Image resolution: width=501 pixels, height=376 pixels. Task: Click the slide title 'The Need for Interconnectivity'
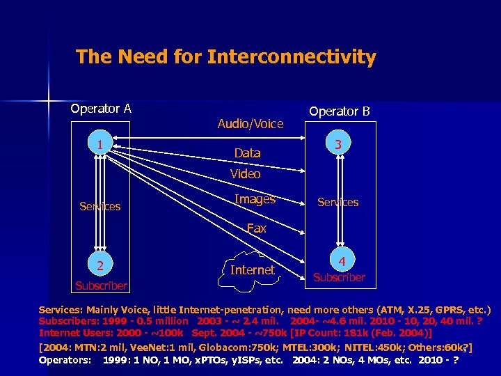225,57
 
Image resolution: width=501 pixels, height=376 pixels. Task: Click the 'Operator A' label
101,109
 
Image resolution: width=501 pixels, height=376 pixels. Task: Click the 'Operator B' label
340,111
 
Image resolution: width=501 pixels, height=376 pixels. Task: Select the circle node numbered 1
101,146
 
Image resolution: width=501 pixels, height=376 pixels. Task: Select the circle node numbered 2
101,265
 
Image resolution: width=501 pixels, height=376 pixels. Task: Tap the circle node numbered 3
337,146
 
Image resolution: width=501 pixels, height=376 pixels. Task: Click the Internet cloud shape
252,269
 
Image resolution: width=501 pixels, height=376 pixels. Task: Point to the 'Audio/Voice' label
250,124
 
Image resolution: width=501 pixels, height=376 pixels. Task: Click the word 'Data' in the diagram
247,153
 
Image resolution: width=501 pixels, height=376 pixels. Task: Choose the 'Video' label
245,174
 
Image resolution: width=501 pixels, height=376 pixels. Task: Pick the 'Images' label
255,200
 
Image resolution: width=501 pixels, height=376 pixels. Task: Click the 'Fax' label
256,228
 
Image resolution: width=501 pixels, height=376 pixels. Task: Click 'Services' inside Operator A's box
100,207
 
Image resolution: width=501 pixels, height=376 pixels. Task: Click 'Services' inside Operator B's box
337,203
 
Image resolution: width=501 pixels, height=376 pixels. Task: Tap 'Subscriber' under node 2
102,285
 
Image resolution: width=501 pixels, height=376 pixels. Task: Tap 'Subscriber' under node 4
339,277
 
